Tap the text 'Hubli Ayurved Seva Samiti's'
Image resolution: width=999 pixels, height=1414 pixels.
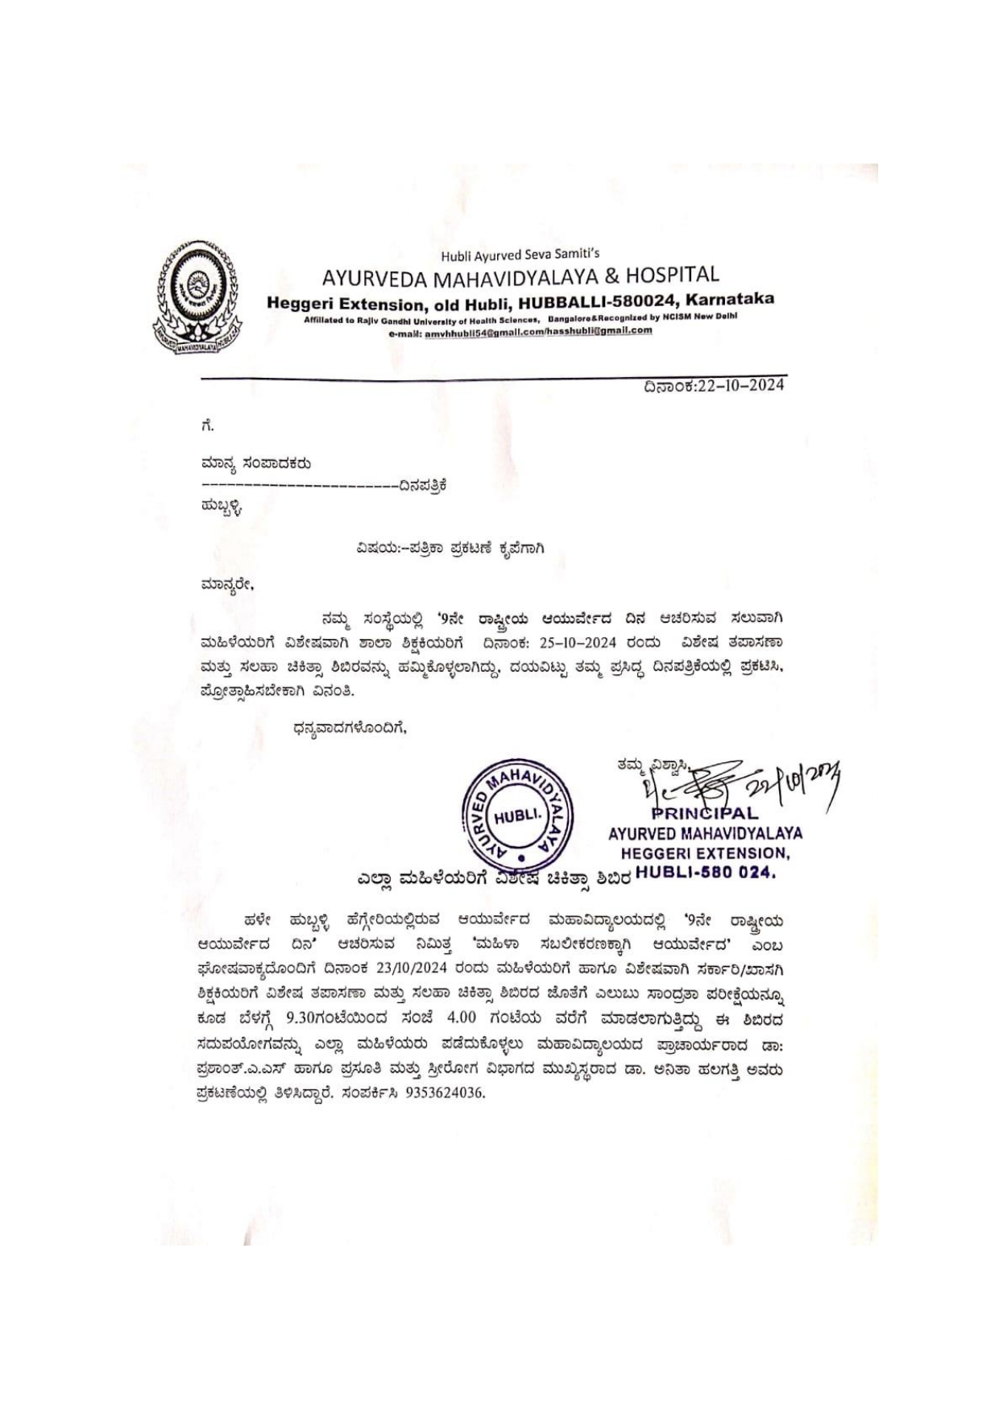click(x=520, y=255)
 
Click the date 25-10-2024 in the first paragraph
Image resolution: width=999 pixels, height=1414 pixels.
click(x=578, y=642)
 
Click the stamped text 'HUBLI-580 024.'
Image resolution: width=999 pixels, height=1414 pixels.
click(x=706, y=873)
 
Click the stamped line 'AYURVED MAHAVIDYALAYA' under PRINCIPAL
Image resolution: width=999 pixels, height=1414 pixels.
click(x=705, y=833)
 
